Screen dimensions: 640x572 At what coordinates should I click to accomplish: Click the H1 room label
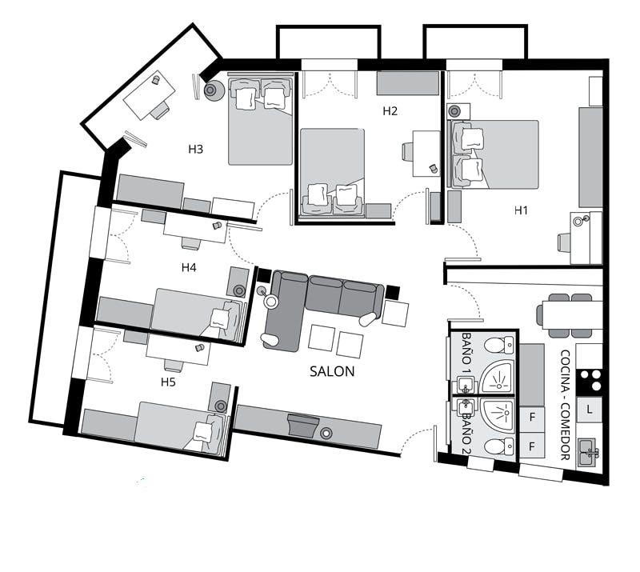point(521,210)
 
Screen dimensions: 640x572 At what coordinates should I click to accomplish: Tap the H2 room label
point(390,111)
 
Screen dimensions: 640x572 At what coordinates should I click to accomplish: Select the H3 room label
point(195,149)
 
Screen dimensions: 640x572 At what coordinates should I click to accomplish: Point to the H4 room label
point(189,267)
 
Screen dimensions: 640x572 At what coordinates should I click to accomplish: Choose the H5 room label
point(168,382)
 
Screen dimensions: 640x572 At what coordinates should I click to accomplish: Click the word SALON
point(332,371)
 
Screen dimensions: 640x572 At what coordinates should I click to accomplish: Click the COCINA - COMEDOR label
point(565,405)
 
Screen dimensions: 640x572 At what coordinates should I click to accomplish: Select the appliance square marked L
point(589,409)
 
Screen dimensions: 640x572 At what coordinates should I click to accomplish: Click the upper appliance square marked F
point(532,418)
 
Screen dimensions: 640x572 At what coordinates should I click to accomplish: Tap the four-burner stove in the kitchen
point(589,381)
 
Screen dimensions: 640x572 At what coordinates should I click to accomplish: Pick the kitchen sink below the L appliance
point(589,452)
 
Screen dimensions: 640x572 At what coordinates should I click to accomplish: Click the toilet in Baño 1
point(499,345)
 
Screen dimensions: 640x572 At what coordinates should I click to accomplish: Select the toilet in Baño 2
point(499,446)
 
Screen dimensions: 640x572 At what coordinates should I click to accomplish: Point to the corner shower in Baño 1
point(497,378)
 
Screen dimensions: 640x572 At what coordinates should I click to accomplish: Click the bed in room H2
point(332,172)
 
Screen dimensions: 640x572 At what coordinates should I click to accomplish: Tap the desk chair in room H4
point(191,243)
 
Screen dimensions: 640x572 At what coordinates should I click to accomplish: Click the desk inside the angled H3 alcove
point(150,95)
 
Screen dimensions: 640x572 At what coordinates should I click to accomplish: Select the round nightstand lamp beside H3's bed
point(214,90)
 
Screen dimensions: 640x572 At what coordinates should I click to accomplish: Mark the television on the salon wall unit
point(302,425)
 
